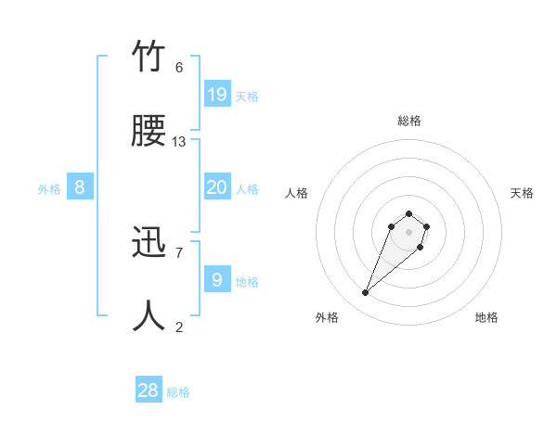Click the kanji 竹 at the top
[x=149, y=58]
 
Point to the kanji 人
[x=149, y=315]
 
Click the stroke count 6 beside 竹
[x=179, y=68]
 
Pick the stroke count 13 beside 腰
[x=179, y=142]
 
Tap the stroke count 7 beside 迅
[x=179, y=252]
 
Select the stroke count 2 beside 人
[x=179, y=326]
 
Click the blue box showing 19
[x=216, y=94]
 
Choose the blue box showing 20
[x=216, y=187]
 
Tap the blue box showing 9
[x=216, y=279]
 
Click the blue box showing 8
[x=80, y=187]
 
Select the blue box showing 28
[x=149, y=391]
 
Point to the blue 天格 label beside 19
[x=247, y=96]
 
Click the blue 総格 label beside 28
[x=178, y=392]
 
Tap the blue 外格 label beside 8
[x=49, y=189]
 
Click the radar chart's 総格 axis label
[x=409, y=121]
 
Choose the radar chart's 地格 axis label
[x=486, y=317]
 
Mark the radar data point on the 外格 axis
[x=366, y=293]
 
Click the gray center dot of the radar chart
[x=408, y=232]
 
